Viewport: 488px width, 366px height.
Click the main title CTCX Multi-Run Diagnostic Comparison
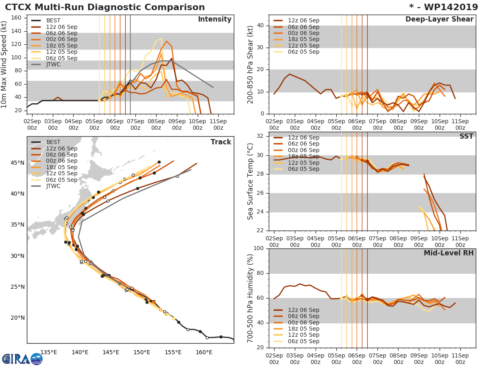pyautogui.click(x=105, y=7)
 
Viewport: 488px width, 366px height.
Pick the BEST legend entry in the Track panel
pyautogui.click(x=53, y=142)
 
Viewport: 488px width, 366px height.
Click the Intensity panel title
pyautogui.click(x=214, y=20)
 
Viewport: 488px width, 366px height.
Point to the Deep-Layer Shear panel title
pyautogui.click(x=439, y=20)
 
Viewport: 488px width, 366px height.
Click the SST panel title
pyautogui.click(x=466, y=137)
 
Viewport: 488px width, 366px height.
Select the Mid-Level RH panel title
pyautogui.click(x=449, y=253)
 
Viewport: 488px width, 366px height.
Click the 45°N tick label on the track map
pyautogui.click(x=18, y=163)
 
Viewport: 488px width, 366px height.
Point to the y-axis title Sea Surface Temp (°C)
pyautogui.click(x=251, y=181)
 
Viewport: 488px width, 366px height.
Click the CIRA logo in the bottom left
pyautogui.click(x=22, y=359)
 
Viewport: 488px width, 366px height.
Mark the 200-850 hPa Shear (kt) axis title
pyautogui.click(x=251, y=65)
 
